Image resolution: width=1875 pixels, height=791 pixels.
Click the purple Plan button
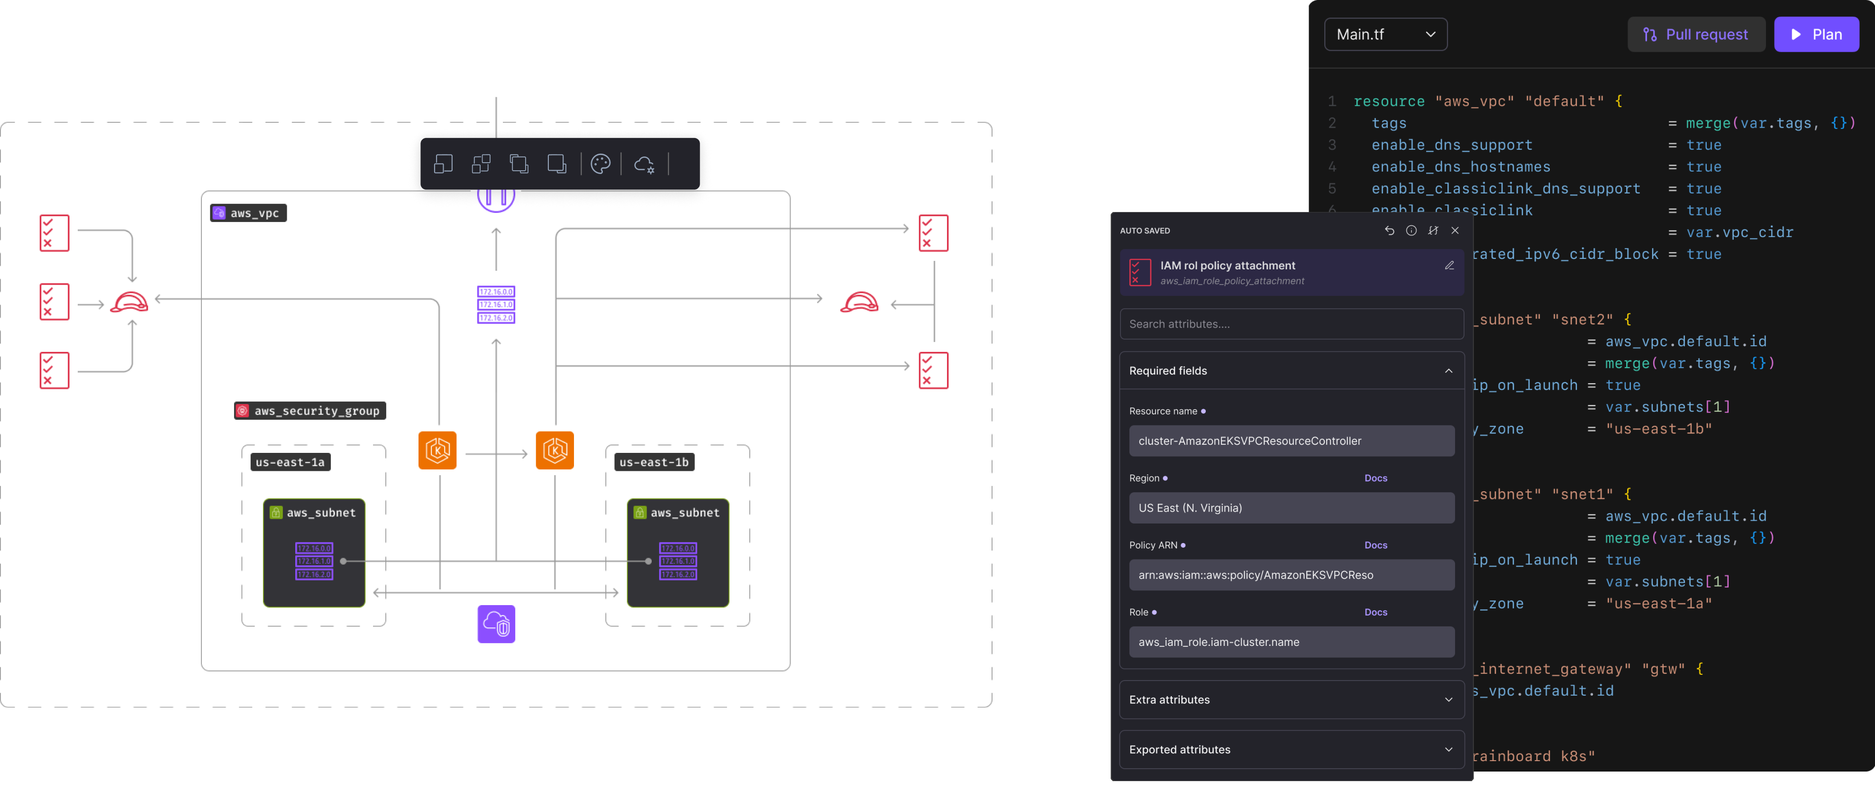pos(1816,34)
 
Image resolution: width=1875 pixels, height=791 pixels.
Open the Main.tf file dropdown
pos(1384,34)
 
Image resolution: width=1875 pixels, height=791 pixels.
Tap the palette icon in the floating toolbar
pos(601,164)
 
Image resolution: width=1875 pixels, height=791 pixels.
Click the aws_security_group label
pos(310,411)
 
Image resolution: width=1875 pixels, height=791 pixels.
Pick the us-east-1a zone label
pos(290,462)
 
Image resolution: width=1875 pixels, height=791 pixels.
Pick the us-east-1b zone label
pos(653,462)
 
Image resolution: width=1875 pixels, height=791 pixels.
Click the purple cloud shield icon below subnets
pos(496,624)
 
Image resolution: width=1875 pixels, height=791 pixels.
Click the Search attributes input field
pos(1291,324)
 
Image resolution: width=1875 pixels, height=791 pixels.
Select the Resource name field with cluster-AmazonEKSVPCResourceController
pos(1291,441)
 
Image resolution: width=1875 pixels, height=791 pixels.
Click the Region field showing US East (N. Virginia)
pos(1291,508)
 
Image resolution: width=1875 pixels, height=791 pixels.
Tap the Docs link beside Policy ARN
pos(1375,545)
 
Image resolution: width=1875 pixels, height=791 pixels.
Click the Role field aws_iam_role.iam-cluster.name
pos(1291,642)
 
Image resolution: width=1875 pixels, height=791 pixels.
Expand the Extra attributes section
pos(1291,699)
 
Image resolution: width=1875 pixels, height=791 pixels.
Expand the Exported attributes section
pos(1291,749)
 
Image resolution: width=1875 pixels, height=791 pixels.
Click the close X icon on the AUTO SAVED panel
pos(1454,230)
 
